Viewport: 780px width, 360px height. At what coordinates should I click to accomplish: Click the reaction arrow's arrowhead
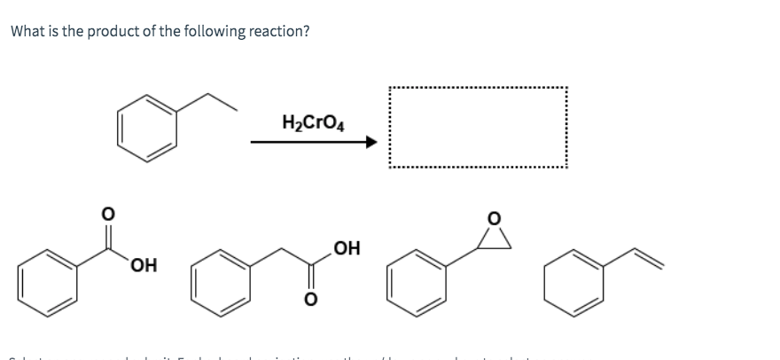click(x=371, y=142)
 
